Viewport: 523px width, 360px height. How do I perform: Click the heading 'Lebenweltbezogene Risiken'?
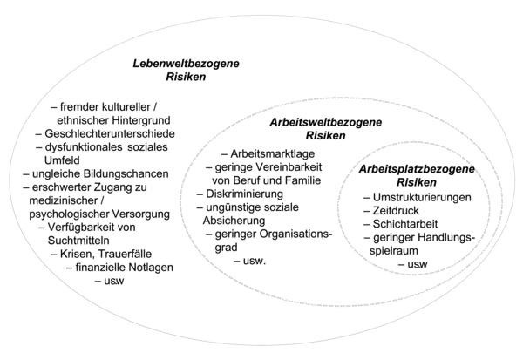[186, 70]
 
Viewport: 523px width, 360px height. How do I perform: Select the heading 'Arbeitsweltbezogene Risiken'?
[325, 129]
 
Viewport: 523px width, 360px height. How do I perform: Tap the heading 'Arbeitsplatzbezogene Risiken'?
[417, 175]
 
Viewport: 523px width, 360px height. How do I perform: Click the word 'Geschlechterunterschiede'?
[110, 133]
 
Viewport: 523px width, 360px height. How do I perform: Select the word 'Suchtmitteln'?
[78, 241]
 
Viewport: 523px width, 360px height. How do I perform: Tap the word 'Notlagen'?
[151, 268]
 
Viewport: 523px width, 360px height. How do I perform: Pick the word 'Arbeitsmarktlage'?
[273, 153]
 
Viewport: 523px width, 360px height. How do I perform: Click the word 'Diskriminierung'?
[244, 194]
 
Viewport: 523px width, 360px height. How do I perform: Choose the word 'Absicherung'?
[234, 221]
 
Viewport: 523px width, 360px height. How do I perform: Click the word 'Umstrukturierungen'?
[422, 197]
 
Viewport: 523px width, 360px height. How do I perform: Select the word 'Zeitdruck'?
[396, 211]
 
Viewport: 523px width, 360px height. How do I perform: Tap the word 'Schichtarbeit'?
[405, 224]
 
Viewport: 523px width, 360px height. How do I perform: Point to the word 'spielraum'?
[394, 251]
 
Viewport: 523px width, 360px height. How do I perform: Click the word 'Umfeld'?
[62, 160]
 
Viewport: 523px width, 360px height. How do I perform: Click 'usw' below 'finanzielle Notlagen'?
[113, 282]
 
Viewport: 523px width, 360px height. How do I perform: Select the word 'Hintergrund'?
[141, 120]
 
